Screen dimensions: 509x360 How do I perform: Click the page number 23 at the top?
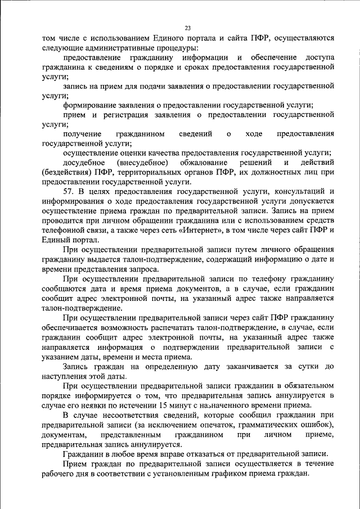click(x=187, y=28)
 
